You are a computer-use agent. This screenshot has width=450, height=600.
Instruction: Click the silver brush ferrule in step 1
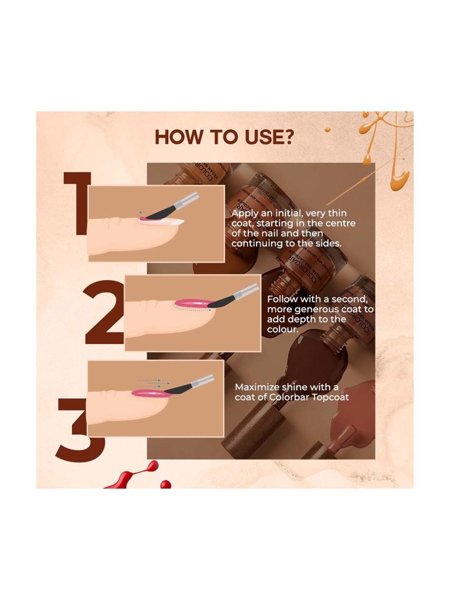pos(189,199)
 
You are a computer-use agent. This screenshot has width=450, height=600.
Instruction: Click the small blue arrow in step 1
pos(144,212)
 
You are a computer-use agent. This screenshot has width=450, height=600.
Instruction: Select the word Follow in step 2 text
pos(282,299)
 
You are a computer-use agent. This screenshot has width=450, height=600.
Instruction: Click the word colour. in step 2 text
pos(282,329)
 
